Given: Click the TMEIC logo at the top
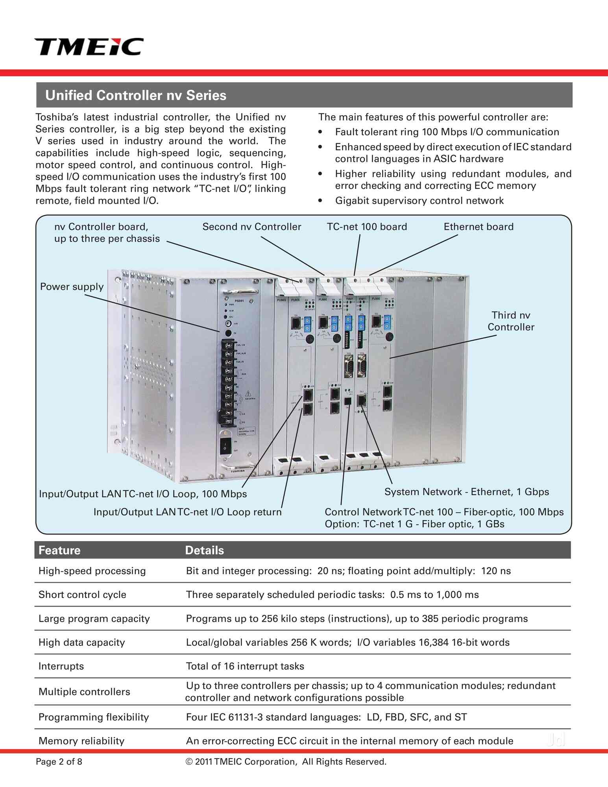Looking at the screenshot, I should pos(89,46).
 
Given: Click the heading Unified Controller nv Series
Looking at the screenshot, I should pos(136,95).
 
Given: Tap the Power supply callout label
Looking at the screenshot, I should pos(72,286).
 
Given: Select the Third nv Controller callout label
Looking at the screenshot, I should pos(511,321).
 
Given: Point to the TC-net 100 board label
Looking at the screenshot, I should pos(367,227).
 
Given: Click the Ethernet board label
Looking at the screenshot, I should pos(479,227).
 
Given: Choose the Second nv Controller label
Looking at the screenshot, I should pos(251,227).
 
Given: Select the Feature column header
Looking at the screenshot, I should pos(59,550).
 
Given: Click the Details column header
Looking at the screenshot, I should pos(204,550).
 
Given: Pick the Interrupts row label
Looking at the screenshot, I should pos(61,666).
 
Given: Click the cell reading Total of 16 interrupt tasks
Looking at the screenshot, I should pos(245,666).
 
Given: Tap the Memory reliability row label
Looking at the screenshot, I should pos(81,741).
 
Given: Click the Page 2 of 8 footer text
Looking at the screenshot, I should pos(59,762).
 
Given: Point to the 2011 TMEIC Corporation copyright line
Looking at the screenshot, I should pos(286,762).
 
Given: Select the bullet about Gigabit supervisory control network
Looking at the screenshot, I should pos(419,201).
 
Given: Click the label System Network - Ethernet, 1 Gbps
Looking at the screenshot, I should pos(466,492).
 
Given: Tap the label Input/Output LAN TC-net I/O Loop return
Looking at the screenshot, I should pos(187,512).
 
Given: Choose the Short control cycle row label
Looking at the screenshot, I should pos(82,595).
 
